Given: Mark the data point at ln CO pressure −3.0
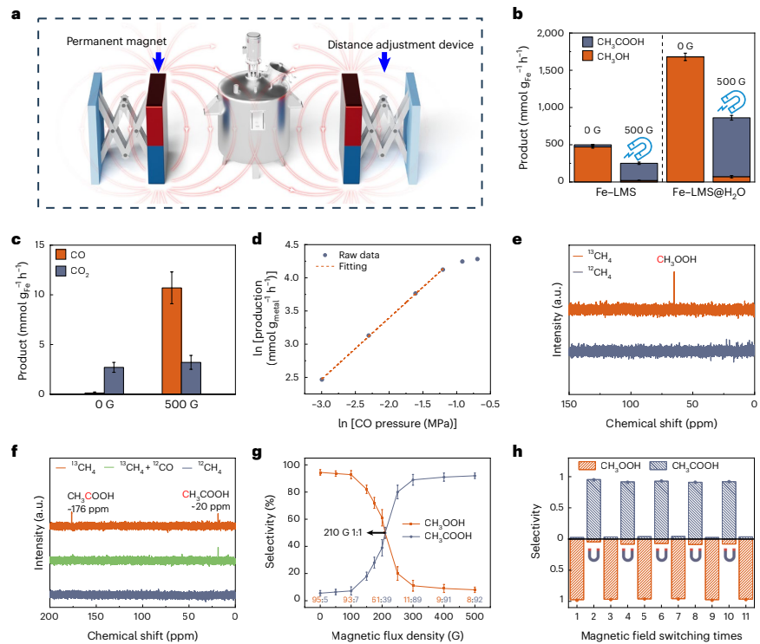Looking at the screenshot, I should (x=322, y=379).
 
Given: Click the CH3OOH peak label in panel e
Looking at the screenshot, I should (x=675, y=258).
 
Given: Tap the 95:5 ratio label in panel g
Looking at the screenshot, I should (x=319, y=599).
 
